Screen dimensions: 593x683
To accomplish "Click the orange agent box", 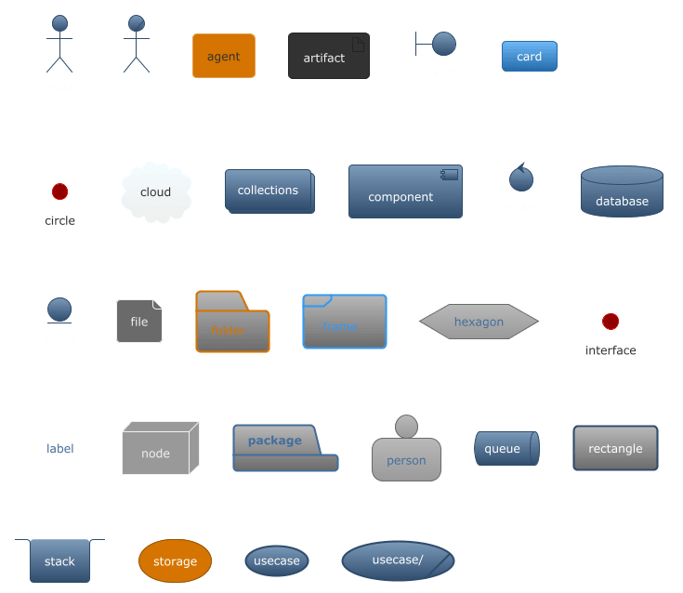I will [x=223, y=56].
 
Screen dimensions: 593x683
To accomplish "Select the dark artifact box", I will [x=328, y=57].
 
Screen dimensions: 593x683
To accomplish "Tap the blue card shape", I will [x=529, y=57].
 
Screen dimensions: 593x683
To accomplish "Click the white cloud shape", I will [x=156, y=192].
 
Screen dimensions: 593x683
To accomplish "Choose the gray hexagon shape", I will [x=479, y=322].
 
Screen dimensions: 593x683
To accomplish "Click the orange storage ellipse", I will [x=175, y=560].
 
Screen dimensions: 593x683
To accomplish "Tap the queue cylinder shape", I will [x=506, y=448].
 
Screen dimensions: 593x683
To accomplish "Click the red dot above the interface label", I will [x=610, y=322].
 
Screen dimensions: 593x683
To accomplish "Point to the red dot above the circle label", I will [x=59, y=191].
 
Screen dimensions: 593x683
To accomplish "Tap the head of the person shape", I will [x=406, y=427].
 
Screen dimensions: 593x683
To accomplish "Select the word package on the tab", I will [x=274, y=441].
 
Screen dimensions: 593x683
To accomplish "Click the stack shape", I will [x=59, y=560].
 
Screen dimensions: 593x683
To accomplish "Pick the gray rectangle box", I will [x=615, y=448].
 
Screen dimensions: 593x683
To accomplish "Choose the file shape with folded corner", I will [x=138, y=322].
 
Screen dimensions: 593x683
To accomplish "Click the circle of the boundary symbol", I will [x=444, y=44].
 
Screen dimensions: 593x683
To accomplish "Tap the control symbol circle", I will [x=520, y=178].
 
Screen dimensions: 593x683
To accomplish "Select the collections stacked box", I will [x=269, y=191].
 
